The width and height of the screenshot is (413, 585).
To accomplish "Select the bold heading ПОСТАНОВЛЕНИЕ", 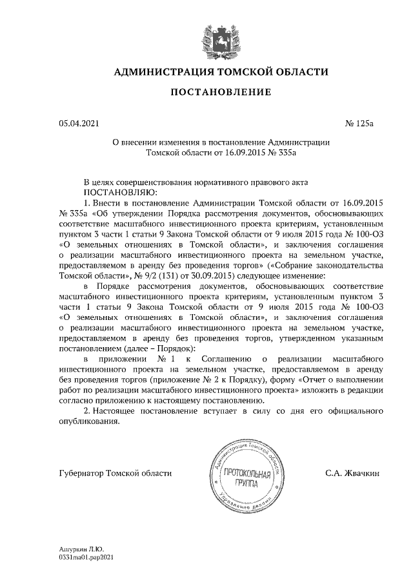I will pos(220,93).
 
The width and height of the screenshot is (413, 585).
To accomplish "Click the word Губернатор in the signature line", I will pos(82,474).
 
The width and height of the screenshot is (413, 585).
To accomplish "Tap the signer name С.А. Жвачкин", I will pos(352,474).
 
